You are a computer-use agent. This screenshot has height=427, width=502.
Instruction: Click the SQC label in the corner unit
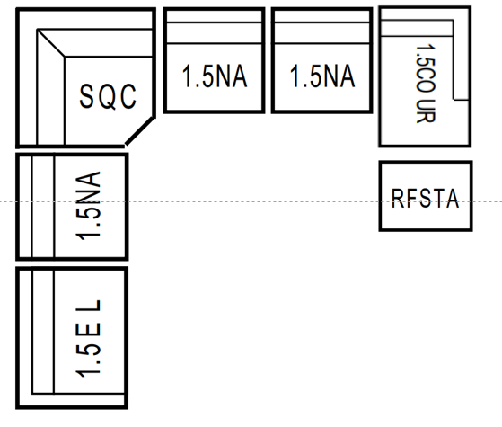(108, 96)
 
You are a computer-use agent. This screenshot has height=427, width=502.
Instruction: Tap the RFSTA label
(426, 199)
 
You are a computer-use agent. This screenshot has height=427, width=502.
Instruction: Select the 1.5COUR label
(426, 84)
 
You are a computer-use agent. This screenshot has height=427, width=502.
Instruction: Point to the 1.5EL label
(88, 339)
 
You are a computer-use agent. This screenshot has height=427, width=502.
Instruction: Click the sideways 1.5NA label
(88, 206)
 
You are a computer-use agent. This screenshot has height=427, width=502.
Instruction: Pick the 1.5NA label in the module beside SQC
(215, 76)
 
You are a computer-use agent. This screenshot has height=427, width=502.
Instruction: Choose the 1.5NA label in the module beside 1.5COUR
(322, 76)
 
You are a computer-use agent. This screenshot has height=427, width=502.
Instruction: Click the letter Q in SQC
(107, 97)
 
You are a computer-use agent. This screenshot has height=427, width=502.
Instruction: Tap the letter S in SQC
(86, 96)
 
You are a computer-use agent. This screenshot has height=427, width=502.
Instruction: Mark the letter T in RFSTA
(439, 199)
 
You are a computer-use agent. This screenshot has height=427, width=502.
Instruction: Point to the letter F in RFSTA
(411, 199)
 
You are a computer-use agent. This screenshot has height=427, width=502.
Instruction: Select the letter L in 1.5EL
(88, 307)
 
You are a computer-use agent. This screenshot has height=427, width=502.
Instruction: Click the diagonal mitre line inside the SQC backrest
(51, 43)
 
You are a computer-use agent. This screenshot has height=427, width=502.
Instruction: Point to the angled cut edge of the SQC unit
(140, 131)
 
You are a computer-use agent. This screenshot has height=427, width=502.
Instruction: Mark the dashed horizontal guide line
(251, 202)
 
